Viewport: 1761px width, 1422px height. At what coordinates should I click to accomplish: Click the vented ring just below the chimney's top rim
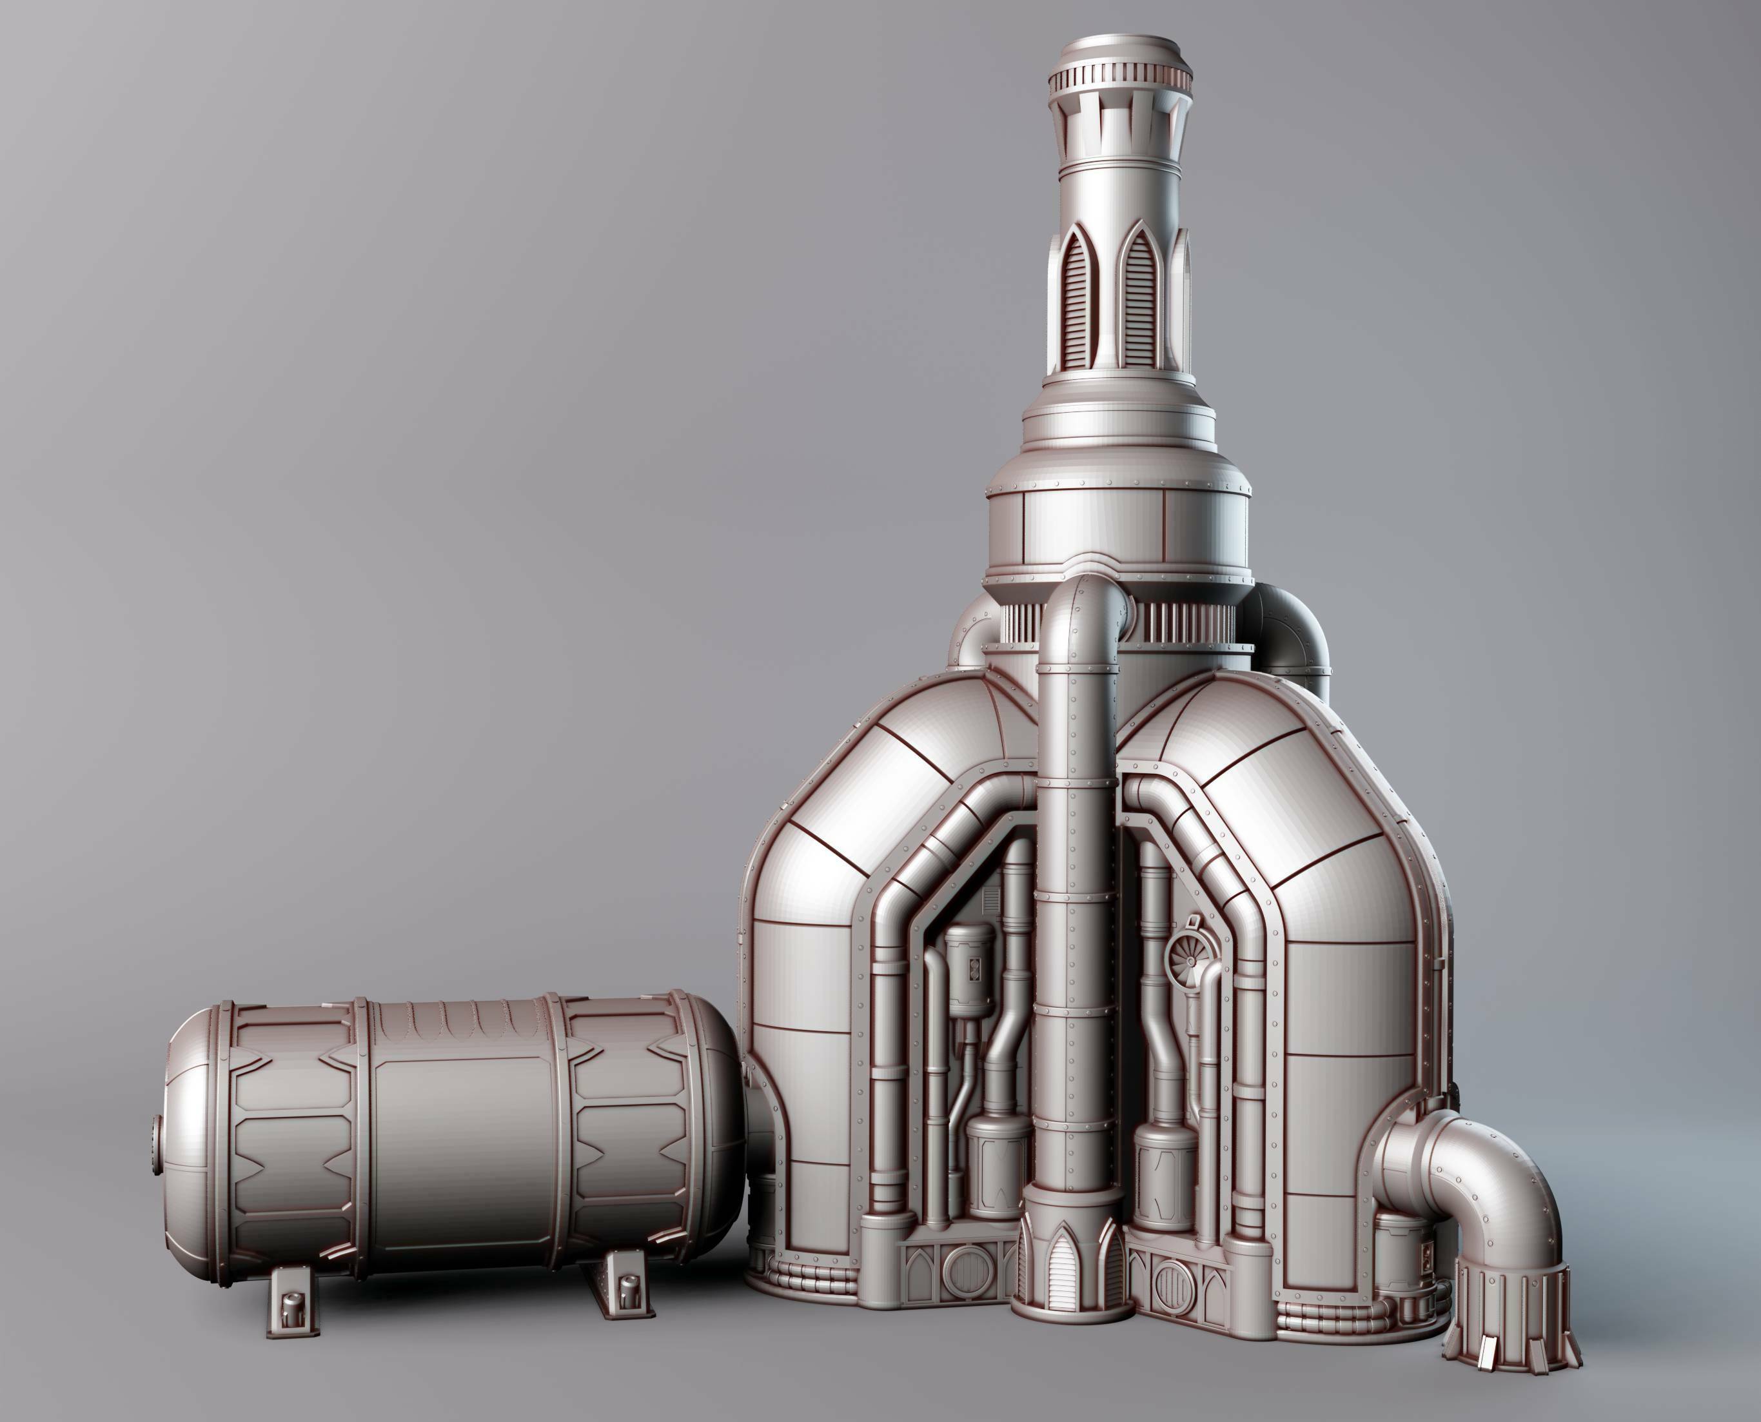tap(1118, 79)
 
